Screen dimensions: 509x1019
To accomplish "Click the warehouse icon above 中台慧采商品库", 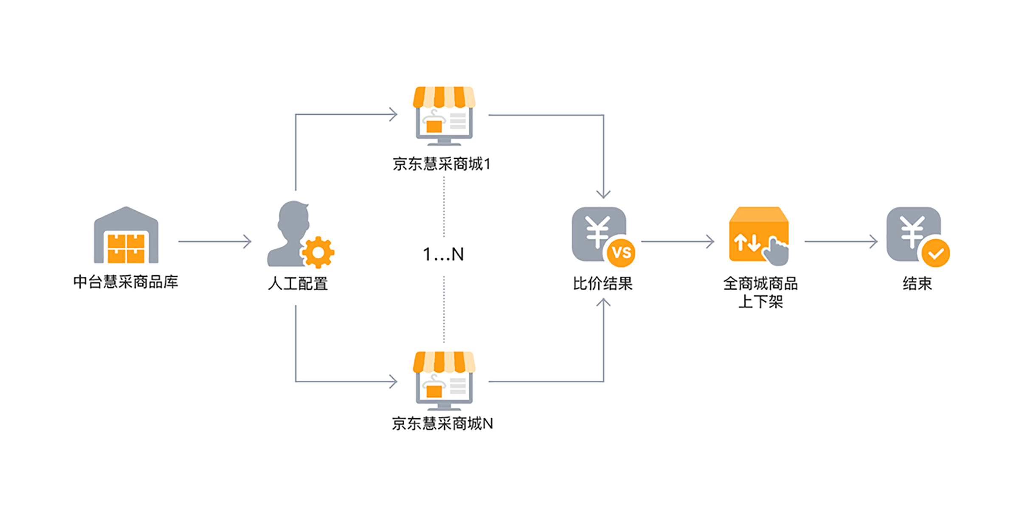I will point(126,236).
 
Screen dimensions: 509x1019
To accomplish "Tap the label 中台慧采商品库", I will point(126,282).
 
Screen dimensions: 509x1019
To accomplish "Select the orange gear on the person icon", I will point(318,252).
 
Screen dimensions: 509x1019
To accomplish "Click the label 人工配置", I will point(298,283).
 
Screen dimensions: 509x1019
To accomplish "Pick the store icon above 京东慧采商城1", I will point(444,116).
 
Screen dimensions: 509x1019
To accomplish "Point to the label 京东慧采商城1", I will point(442,164).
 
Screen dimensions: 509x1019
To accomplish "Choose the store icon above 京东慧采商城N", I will point(444,381).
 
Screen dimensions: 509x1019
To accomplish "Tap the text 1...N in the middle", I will point(443,254).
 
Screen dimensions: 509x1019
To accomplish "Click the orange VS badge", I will point(621,253).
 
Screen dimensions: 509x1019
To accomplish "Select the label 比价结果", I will point(603,283).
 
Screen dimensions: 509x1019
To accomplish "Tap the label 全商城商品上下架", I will point(760,292).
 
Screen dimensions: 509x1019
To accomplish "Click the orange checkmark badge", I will point(936,253).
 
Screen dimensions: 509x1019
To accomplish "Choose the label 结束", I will point(918,283).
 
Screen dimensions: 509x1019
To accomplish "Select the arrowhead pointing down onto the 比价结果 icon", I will point(603,195).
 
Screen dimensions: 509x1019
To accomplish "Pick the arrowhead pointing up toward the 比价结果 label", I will point(603,303).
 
